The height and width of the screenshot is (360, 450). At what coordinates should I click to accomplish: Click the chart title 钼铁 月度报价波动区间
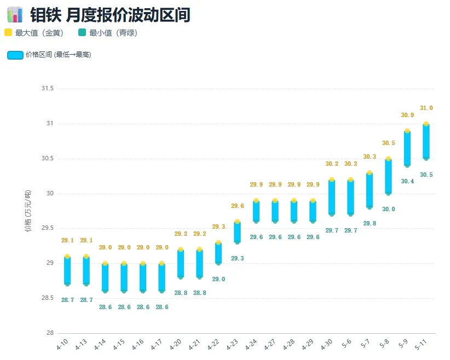(110, 15)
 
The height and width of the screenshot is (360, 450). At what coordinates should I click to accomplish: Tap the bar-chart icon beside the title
(15, 15)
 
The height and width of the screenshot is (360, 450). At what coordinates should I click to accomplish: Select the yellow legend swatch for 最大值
(8, 32)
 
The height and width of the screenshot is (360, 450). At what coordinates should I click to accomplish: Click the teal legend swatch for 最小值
(82, 32)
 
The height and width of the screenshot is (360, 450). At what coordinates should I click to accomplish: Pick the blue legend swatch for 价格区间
(15, 55)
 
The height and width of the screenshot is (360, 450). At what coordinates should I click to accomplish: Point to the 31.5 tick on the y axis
(47, 88)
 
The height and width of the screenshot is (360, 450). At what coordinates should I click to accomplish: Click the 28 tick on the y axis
(50, 333)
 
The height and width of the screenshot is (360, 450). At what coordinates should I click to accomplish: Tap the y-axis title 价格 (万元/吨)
(28, 211)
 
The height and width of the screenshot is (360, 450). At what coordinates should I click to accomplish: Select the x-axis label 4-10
(62, 344)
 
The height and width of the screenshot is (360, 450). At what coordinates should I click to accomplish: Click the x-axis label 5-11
(421, 344)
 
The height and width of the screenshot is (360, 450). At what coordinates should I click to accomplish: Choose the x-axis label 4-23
(232, 344)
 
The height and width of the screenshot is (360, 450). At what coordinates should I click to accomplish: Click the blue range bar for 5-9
(407, 148)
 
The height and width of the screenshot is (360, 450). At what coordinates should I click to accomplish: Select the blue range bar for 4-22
(218, 253)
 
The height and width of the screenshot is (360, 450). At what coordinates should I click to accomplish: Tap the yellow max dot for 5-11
(426, 124)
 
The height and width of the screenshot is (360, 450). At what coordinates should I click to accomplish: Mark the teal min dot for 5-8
(388, 194)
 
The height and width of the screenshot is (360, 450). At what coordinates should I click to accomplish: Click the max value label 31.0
(426, 108)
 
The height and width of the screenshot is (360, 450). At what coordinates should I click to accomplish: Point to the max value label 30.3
(370, 156)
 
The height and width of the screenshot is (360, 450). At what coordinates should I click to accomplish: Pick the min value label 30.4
(407, 181)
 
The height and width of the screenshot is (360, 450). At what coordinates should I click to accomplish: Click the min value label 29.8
(370, 223)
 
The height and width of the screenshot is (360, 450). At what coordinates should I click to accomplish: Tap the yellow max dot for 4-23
(238, 222)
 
